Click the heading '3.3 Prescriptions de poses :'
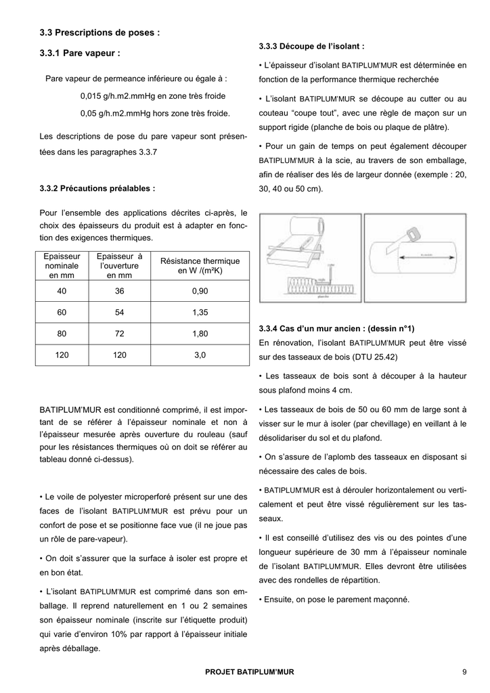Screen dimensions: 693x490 tap(99, 32)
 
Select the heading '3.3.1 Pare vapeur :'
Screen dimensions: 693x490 tap(81, 52)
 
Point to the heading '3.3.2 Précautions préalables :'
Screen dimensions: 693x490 tap(97, 189)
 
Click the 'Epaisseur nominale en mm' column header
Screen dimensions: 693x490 tap(62, 265)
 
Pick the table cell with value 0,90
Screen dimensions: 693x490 tap(200, 291)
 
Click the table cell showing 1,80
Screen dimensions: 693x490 tap(200, 334)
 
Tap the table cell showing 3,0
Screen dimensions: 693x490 tap(200, 355)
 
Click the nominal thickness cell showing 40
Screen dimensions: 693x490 tap(62, 291)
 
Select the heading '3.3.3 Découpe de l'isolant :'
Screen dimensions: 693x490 tap(311, 47)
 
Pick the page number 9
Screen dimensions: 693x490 tap(464, 672)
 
